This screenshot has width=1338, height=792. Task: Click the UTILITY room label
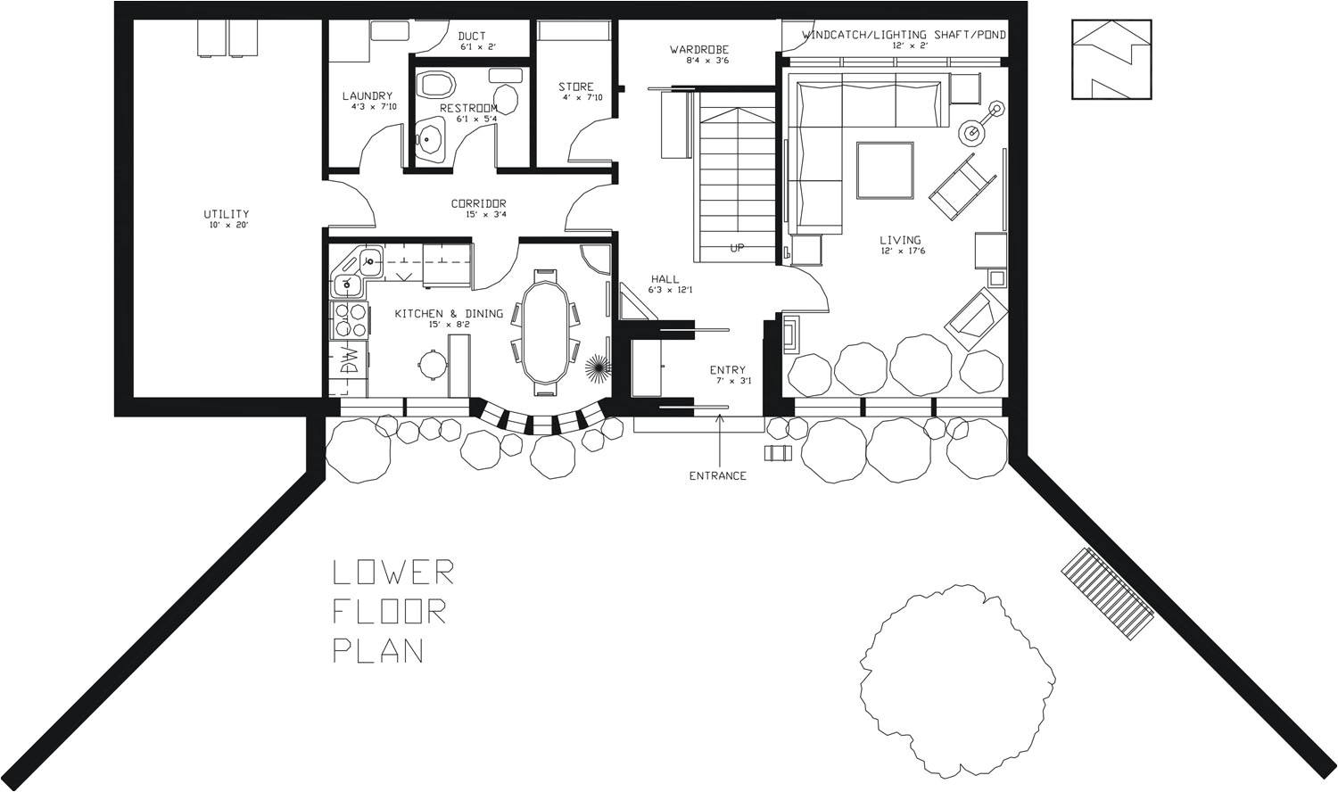coord(226,214)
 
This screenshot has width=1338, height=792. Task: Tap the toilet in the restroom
coord(435,87)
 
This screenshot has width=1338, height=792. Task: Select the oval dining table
coord(544,330)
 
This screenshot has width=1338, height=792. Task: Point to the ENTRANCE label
coord(717,475)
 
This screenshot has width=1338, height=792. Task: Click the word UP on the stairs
coord(737,248)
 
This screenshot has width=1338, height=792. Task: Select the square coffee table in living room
coord(885,170)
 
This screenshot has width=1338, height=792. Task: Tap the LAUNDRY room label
coord(367,96)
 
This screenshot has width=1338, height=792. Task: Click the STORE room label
coord(575,87)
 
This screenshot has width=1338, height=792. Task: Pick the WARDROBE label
coord(699,50)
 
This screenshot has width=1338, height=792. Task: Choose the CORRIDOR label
coord(478,204)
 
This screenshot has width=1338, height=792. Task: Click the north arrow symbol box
coord(1111,60)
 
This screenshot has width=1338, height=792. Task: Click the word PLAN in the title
coord(378,650)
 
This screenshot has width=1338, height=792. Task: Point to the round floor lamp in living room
coord(970,133)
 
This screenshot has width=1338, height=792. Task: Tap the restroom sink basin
coord(431,138)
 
